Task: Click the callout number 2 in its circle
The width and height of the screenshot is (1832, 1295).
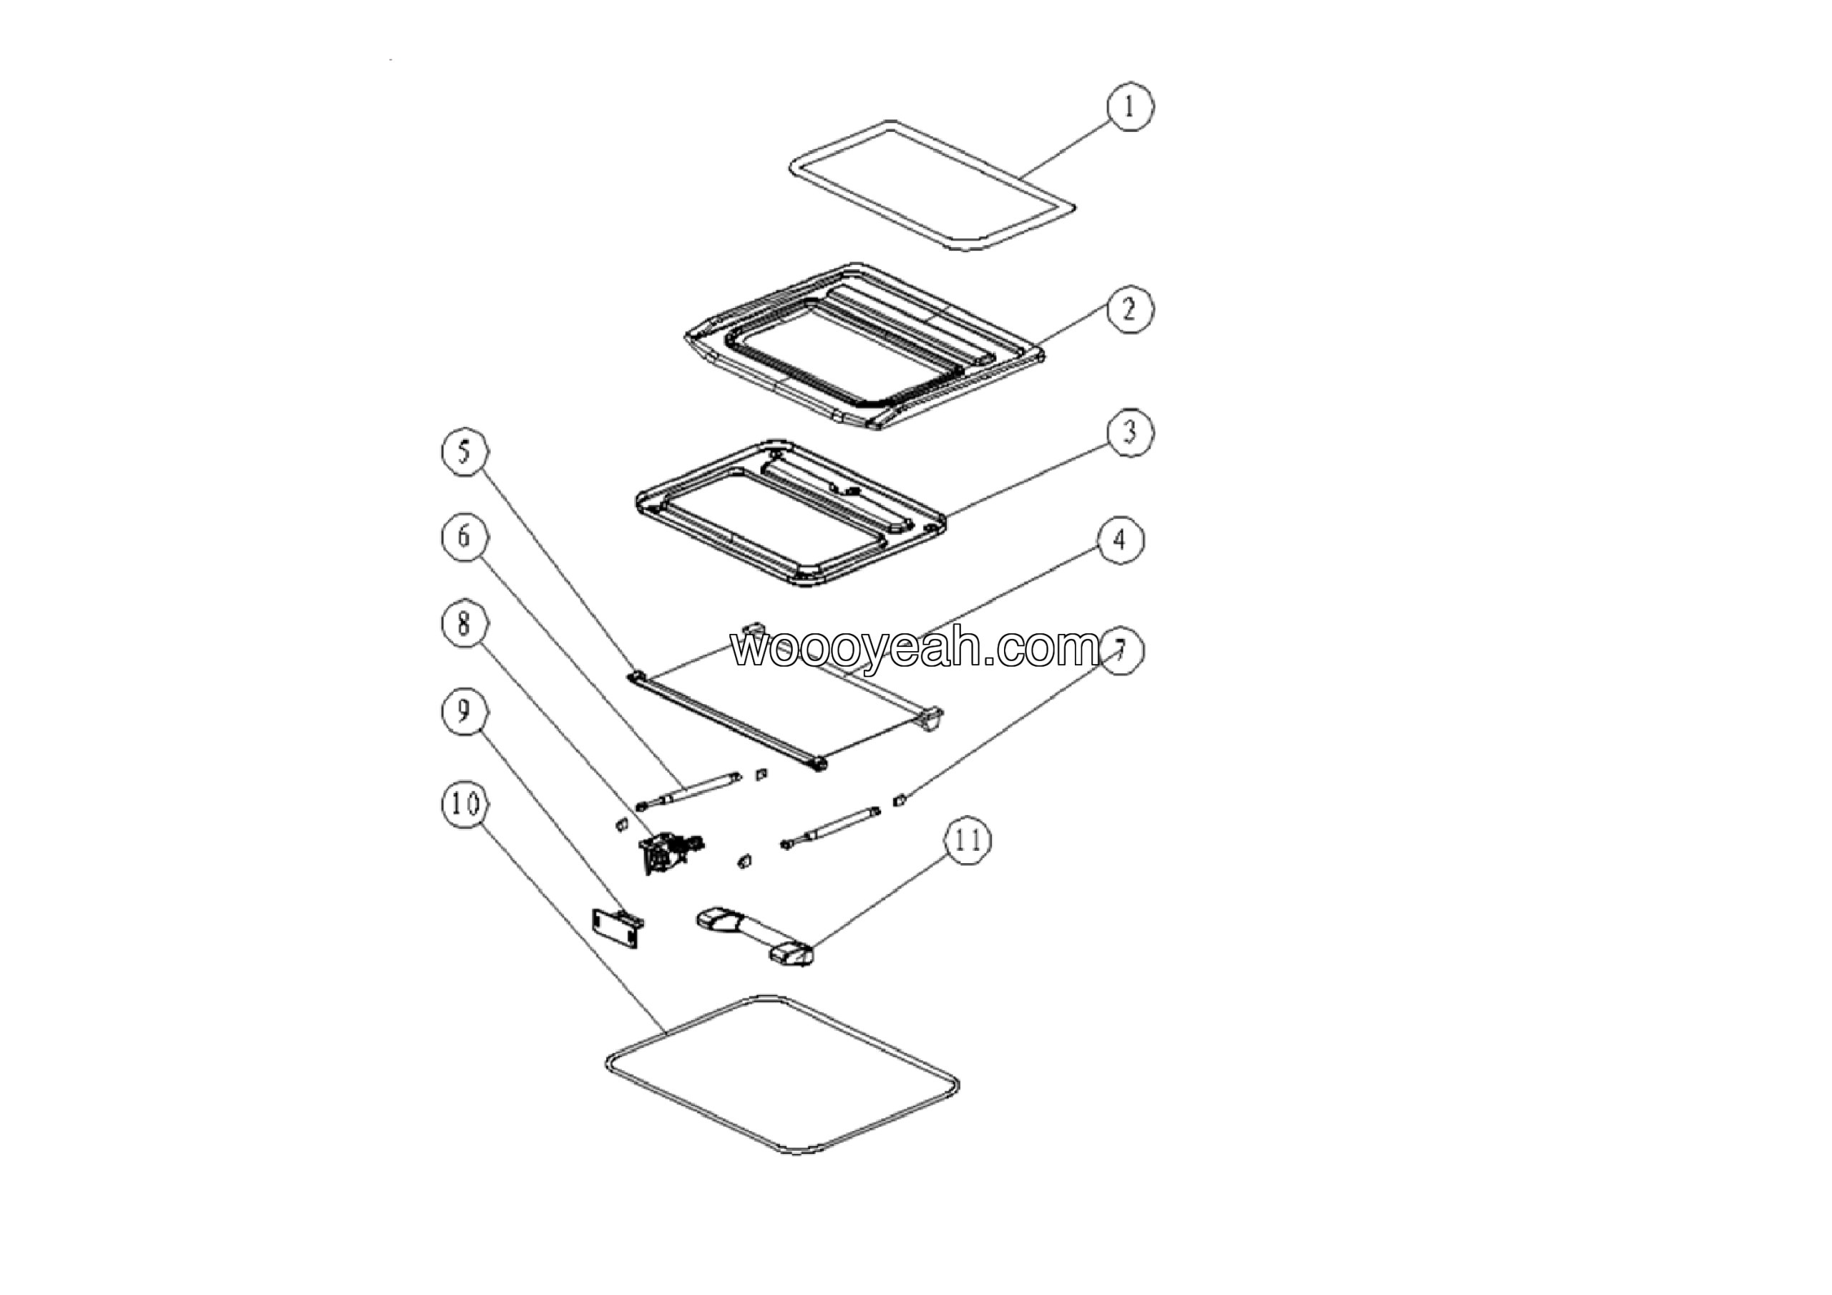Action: [x=1129, y=309]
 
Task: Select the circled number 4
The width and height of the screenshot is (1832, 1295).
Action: [x=1120, y=541]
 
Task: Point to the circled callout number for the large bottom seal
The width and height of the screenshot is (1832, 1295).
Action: [x=465, y=804]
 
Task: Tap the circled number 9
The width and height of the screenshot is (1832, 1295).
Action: [x=465, y=711]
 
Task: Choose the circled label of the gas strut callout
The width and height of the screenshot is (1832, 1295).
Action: [x=465, y=536]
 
